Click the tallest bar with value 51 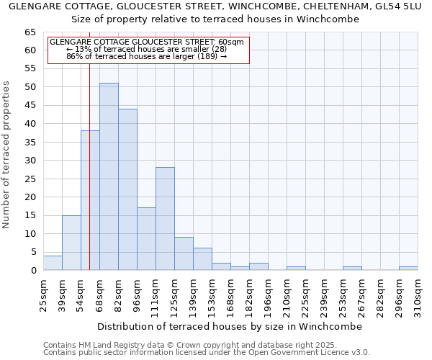(x=109, y=176)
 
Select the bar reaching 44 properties (x=127, y=189)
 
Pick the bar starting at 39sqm (x=71, y=243)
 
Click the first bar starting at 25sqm (x=53, y=263)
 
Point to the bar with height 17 (x=146, y=239)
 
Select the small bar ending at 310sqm (x=408, y=269)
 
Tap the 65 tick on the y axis (x=30, y=32)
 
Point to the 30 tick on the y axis (x=30, y=161)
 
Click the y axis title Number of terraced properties (x=7, y=155)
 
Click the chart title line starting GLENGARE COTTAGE (x=215, y=6)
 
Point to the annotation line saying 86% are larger (x=146, y=56)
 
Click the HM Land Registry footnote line (x=180, y=345)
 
